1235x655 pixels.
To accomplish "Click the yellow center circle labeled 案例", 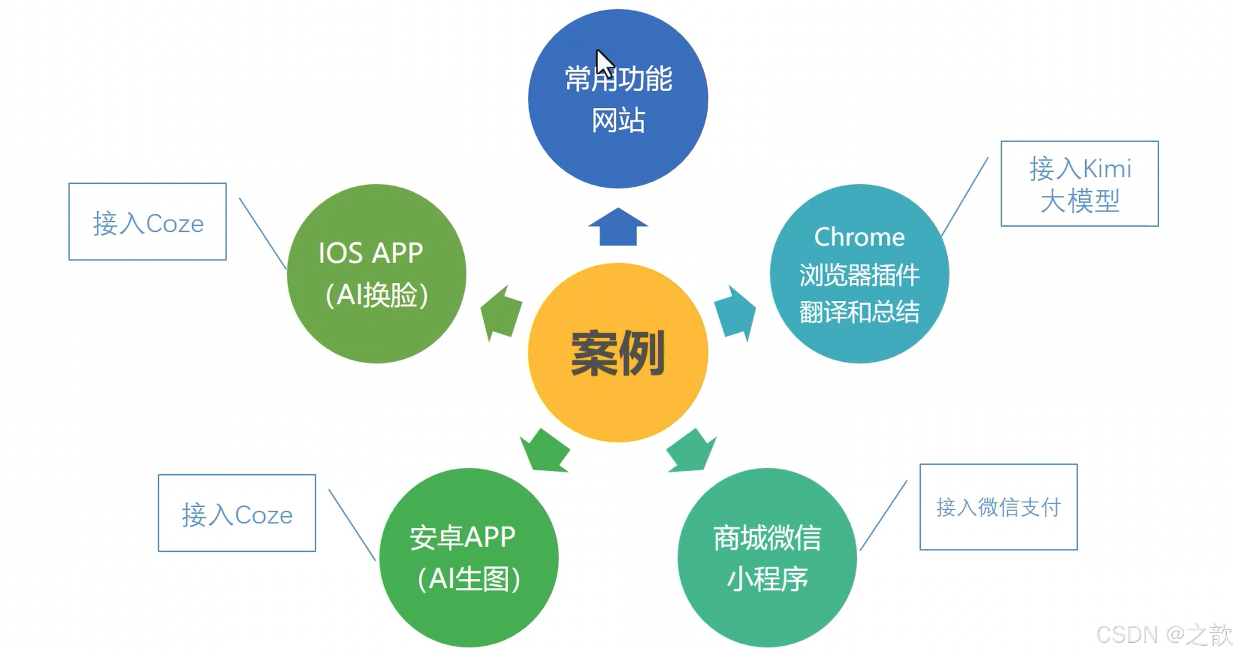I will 617,352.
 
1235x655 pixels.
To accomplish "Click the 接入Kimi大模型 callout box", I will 1079,184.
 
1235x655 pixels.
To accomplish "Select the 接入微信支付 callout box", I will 998,507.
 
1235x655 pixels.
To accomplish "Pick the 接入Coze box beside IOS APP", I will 148,222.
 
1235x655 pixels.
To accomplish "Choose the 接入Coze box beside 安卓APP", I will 237,513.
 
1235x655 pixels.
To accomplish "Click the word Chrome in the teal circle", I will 859,237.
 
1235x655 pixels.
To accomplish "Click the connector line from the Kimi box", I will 965,196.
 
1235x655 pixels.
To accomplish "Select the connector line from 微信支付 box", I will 883,515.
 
